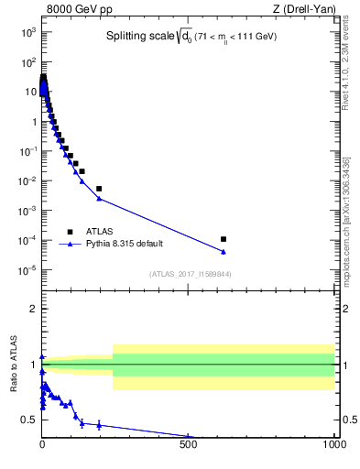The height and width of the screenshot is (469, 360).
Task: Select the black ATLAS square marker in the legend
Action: pyautogui.click(x=70, y=232)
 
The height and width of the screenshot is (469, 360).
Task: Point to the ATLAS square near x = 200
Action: pyautogui.click(x=99, y=189)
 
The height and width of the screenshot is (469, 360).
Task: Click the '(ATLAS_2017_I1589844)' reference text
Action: pyautogui.click(x=191, y=273)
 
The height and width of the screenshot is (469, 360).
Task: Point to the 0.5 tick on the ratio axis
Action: pyautogui.click(x=30, y=420)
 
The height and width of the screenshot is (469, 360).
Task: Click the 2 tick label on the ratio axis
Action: pyautogui.click(x=33, y=309)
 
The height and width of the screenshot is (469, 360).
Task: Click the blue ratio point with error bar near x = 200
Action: pyautogui.click(x=99, y=425)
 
